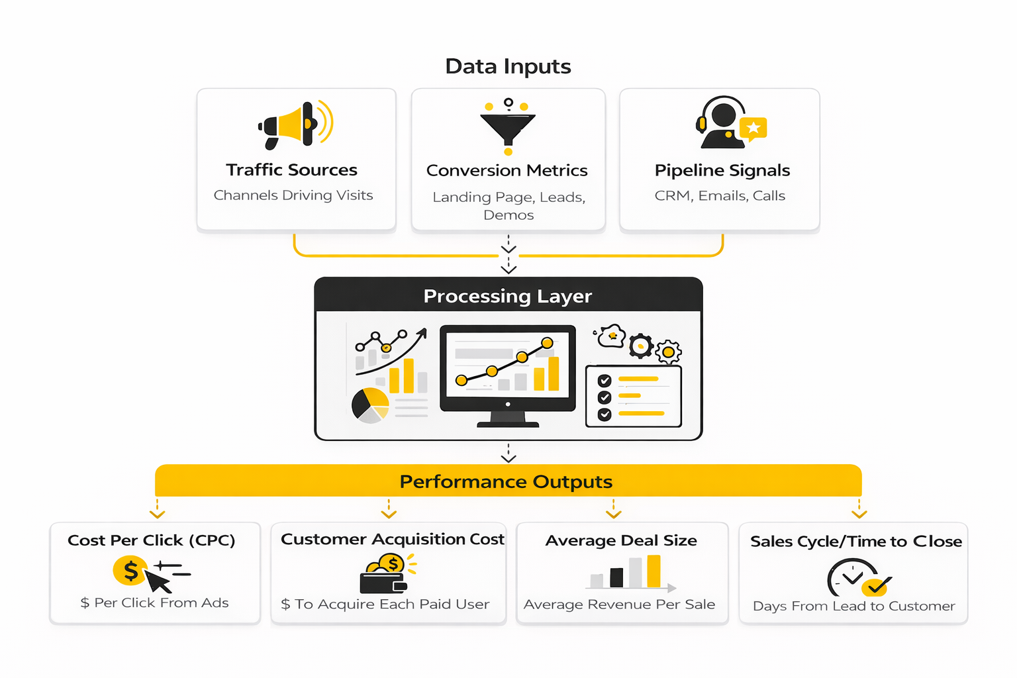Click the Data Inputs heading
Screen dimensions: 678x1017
(508, 66)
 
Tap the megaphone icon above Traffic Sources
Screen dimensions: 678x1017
(295, 124)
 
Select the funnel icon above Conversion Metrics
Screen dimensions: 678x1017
(508, 126)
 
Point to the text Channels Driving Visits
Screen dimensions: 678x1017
(293, 195)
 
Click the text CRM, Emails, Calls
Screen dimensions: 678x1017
(720, 196)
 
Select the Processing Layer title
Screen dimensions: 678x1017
(508, 296)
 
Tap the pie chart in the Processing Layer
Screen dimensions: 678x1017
(370, 405)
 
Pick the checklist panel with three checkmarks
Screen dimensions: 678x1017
(634, 396)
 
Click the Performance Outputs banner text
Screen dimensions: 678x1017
(507, 481)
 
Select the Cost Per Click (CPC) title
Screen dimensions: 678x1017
(152, 540)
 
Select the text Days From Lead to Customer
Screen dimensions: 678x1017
(854, 606)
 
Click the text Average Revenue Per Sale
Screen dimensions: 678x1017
(619, 605)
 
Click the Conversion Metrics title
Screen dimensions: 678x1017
(507, 171)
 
